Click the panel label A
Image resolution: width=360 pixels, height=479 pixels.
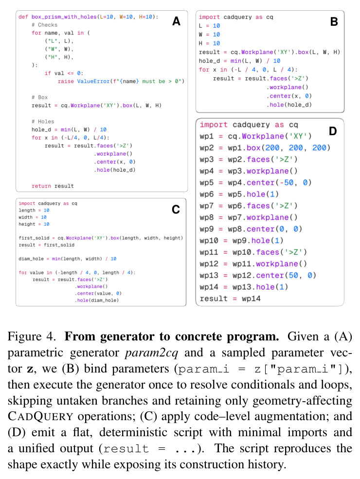[x=176, y=21]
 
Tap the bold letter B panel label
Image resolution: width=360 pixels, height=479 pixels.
[x=334, y=22]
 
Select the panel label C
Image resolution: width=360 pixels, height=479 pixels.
[x=176, y=210]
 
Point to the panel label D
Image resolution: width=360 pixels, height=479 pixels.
[x=333, y=131]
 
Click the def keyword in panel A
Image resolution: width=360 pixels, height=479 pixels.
[x=23, y=17]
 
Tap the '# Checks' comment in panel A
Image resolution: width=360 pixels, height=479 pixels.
[x=45, y=25]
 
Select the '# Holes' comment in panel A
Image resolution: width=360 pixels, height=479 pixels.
[x=43, y=122]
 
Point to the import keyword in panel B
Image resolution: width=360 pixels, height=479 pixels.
[x=209, y=17]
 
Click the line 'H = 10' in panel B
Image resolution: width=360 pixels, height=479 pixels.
[x=209, y=43]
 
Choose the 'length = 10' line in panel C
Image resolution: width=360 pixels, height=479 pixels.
[x=34, y=211]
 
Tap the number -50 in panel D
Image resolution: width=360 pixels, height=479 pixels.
[x=289, y=183]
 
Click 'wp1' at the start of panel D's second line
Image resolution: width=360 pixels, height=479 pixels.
[x=207, y=136]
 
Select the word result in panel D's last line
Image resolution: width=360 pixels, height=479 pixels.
[x=214, y=299]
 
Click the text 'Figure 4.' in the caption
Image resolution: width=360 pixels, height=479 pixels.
[x=32, y=337]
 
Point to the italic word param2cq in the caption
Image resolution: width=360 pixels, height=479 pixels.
[x=151, y=353]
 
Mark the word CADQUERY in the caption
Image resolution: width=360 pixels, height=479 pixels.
[x=40, y=416]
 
